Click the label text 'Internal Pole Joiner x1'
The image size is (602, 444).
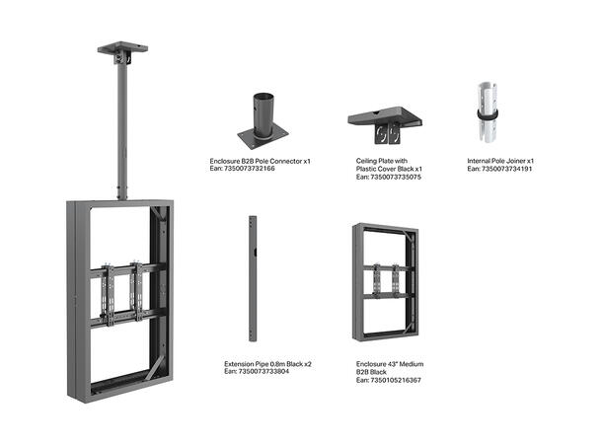[500, 160]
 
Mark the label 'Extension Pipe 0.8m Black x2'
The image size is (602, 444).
[266, 364]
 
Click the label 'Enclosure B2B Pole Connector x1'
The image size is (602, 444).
[260, 160]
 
